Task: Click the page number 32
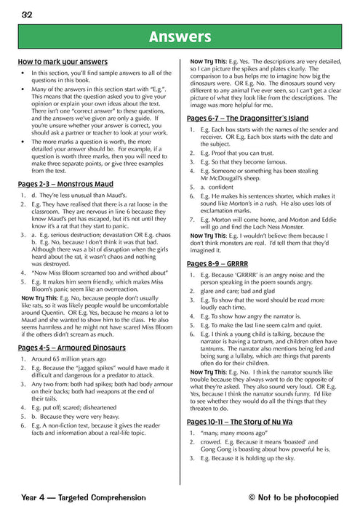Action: (26, 13)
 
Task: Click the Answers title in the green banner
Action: (179, 36)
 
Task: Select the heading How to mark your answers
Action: (63, 62)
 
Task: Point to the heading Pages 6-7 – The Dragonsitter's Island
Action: (247, 118)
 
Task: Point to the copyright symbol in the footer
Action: (252, 497)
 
